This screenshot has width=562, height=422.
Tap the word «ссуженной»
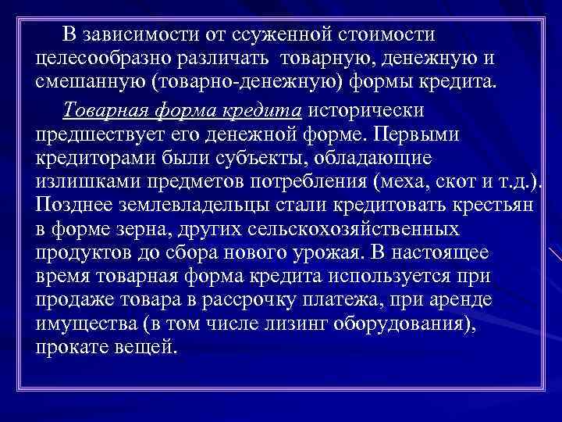[283, 35]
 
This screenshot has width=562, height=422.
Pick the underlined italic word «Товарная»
[104, 109]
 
